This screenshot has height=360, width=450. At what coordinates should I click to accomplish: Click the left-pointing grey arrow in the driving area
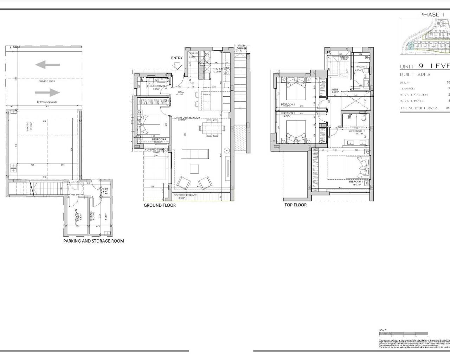click(47, 65)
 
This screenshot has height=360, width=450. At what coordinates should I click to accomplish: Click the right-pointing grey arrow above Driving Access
click(47, 92)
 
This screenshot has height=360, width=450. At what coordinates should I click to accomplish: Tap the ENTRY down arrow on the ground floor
click(178, 65)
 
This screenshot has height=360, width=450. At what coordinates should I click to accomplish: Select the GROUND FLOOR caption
click(160, 205)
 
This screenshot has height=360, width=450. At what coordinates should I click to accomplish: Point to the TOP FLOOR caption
click(295, 205)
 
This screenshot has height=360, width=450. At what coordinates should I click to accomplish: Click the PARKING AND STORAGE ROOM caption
click(94, 241)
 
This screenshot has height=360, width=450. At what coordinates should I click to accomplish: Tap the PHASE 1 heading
click(429, 14)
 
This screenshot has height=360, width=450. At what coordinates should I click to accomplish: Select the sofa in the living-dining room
click(194, 154)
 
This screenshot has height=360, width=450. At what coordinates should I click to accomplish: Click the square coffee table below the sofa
click(194, 169)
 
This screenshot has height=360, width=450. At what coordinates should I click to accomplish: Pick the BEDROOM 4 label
click(159, 140)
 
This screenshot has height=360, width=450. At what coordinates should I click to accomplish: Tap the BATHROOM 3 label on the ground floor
click(157, 86)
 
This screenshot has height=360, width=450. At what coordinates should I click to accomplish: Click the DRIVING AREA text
click(47, 81)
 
